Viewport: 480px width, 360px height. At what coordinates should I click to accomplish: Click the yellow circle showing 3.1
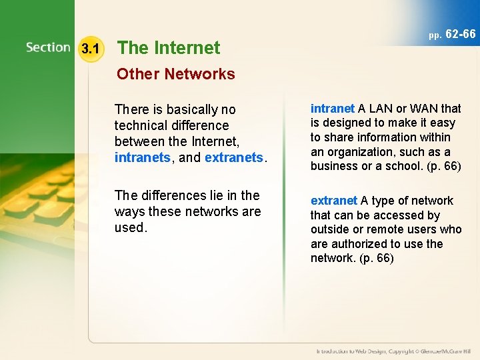point(90,49)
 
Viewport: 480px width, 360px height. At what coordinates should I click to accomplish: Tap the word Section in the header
point(48,48)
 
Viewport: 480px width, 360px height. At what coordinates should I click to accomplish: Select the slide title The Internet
point(169,48)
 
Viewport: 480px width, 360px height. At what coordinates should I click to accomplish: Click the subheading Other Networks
point(176,74)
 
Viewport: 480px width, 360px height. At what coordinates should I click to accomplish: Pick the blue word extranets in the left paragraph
point(235,158)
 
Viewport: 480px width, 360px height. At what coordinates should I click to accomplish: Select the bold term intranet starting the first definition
point(333,109)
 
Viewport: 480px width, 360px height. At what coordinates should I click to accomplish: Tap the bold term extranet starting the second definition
point(334,201)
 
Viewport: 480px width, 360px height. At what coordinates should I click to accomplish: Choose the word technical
point(141,125)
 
